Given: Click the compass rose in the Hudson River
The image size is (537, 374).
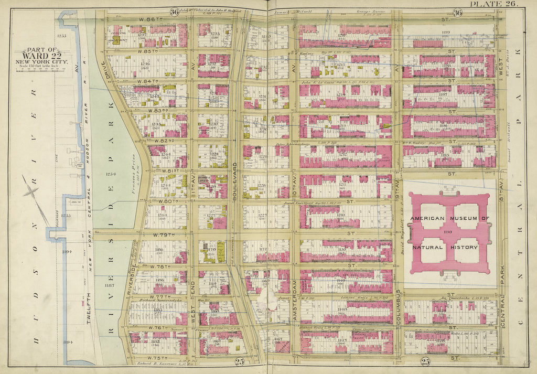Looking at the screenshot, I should point(33,192).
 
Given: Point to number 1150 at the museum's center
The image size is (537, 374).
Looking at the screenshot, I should point(447,232).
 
